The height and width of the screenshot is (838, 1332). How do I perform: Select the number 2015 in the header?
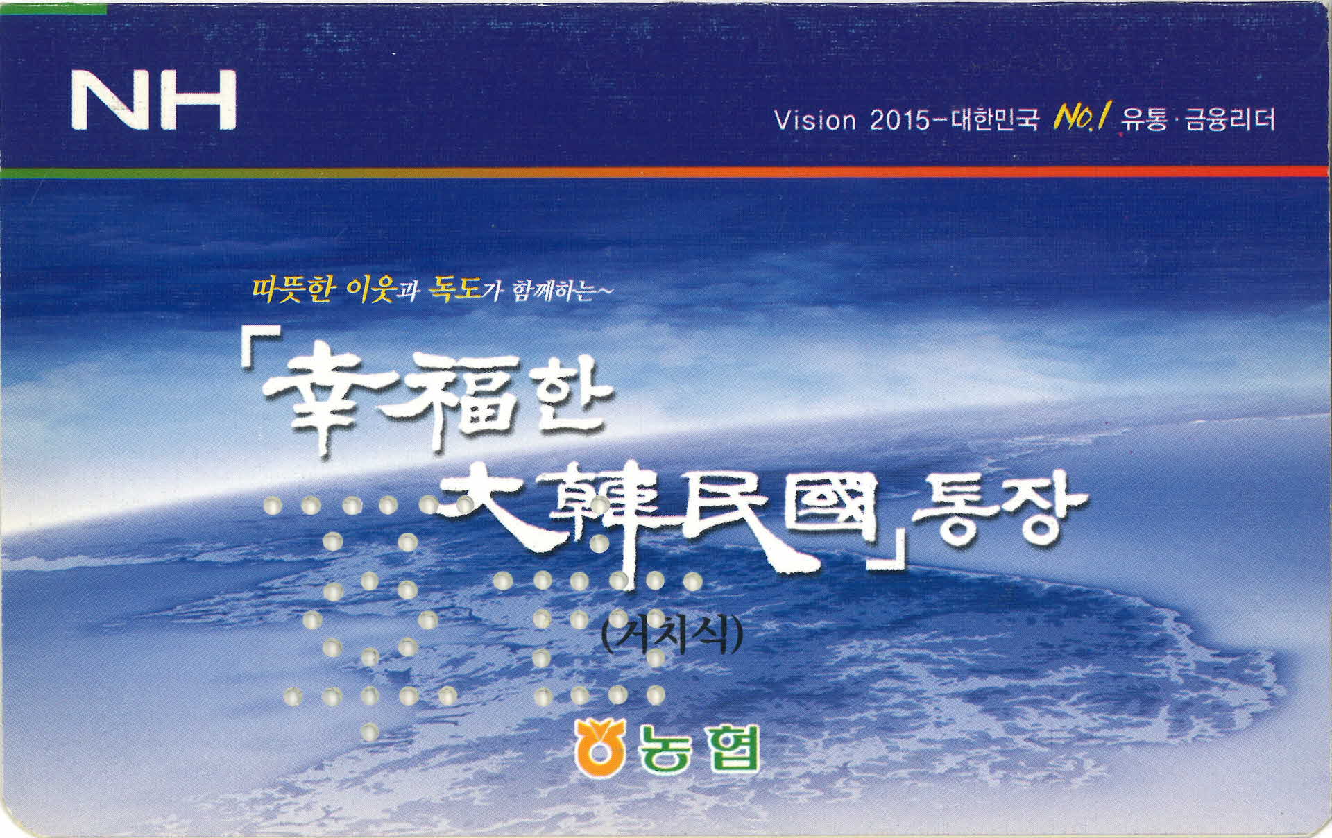[x=900, y=121]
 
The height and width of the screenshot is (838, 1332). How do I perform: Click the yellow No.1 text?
[x=1083, y=119]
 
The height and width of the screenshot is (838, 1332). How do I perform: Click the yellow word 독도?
[x=455, y=289]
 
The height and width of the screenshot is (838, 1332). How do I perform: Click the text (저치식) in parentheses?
[x=670, y=634]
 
